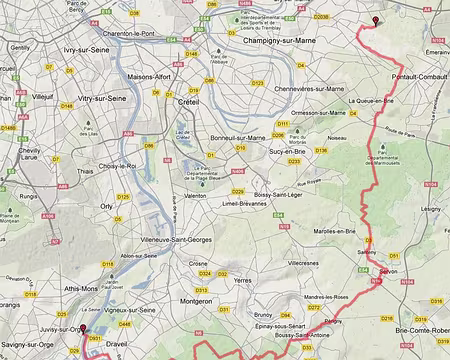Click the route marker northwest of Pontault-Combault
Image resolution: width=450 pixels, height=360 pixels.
pos(376,21)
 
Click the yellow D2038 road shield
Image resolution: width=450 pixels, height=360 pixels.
pos(320,17)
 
